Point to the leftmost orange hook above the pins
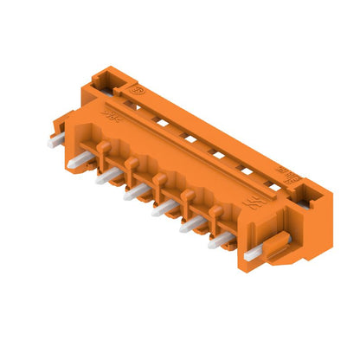105,150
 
